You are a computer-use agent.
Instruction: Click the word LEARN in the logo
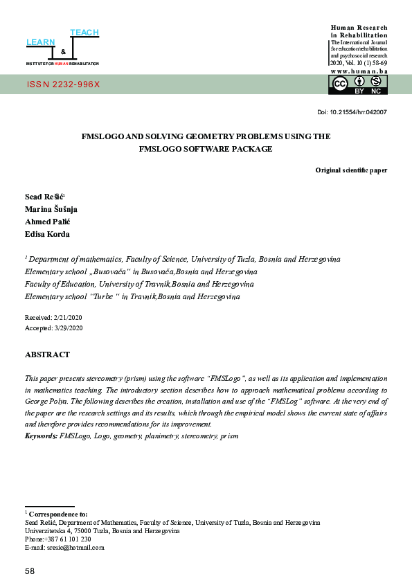pyautogui.click(x=40, y=43)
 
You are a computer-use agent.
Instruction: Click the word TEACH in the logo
pyautogui.click(x=84, y=33)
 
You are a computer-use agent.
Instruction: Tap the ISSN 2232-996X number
pyautogui.click(x=63, y=84)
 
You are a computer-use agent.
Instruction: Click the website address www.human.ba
pyautogui.click(x=359, y=71)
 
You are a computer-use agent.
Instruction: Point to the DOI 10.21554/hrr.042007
pyautogui.click(x=351, y=112)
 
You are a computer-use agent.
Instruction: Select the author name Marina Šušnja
pyautogui.click(x=51, y=209)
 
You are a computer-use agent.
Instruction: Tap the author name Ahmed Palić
pyautogui.click(x=48, y=222)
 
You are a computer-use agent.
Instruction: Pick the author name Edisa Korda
pyautogui.click(x=47, y=234)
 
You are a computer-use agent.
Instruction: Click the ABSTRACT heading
pyautogui.click(x=47, y=355)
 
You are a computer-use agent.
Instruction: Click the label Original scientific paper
pyautogui.click(x=351, y=170)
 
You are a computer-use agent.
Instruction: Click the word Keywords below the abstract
pyautogui.click(x=42, y=436)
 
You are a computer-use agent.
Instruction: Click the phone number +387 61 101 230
pyautogui.click(x=67, y=539)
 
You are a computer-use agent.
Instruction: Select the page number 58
pyautogui.click(x=30, y=571)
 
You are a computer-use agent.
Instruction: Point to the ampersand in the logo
pyautogui.click(x=63, y=52)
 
